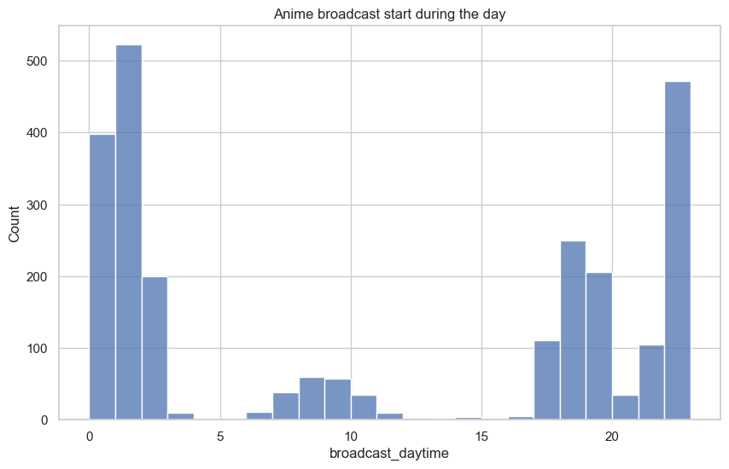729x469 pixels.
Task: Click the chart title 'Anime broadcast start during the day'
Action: click(x=389, y=14)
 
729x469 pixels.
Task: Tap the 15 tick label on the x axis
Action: click(x=481, y=437)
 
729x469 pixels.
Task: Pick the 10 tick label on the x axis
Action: click(x=351, y=437)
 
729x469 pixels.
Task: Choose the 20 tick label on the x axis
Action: click(x=612, y=437)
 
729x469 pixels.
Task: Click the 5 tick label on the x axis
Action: click(x=220, y=437)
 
